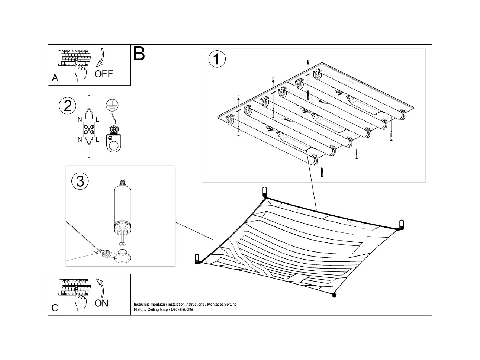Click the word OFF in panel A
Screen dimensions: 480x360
(104, 74)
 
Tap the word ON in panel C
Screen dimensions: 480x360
(102, 303)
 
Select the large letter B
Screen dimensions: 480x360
(139, 54)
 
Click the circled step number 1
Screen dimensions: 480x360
(217, 59)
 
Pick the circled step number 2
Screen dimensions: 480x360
(68, 106)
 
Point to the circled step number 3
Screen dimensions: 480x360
(80, 181)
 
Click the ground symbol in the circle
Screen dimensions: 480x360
(112, 105)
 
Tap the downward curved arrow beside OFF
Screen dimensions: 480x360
(100, 57)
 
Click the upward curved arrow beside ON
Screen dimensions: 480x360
(100, 288)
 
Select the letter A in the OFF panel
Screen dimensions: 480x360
(55, 78)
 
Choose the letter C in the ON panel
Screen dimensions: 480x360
(55, 308)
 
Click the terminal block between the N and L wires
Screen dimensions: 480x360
(89, 129)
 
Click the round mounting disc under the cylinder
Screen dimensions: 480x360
(123, 257)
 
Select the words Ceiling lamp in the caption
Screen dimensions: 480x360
(158, 309)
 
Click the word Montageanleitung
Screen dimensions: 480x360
(222, 304)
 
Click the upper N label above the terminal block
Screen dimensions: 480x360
(80, 119)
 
